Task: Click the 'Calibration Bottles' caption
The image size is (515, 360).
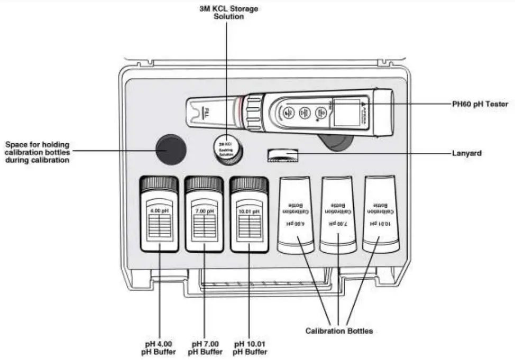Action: coord(339,331)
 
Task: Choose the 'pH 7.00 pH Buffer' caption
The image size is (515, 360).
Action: coord(205,347)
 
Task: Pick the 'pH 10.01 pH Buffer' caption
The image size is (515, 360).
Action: coord(249,347)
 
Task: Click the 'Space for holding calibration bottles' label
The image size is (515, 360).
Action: coord(38,152)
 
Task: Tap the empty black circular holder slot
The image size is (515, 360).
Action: coord(170,149)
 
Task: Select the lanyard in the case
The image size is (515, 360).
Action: coord(282,154)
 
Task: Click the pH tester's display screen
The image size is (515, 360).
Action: coord(348,112)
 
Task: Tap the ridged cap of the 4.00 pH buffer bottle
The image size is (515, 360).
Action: coord(159,184)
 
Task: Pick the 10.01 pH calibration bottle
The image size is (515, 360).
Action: coord(381,214)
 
